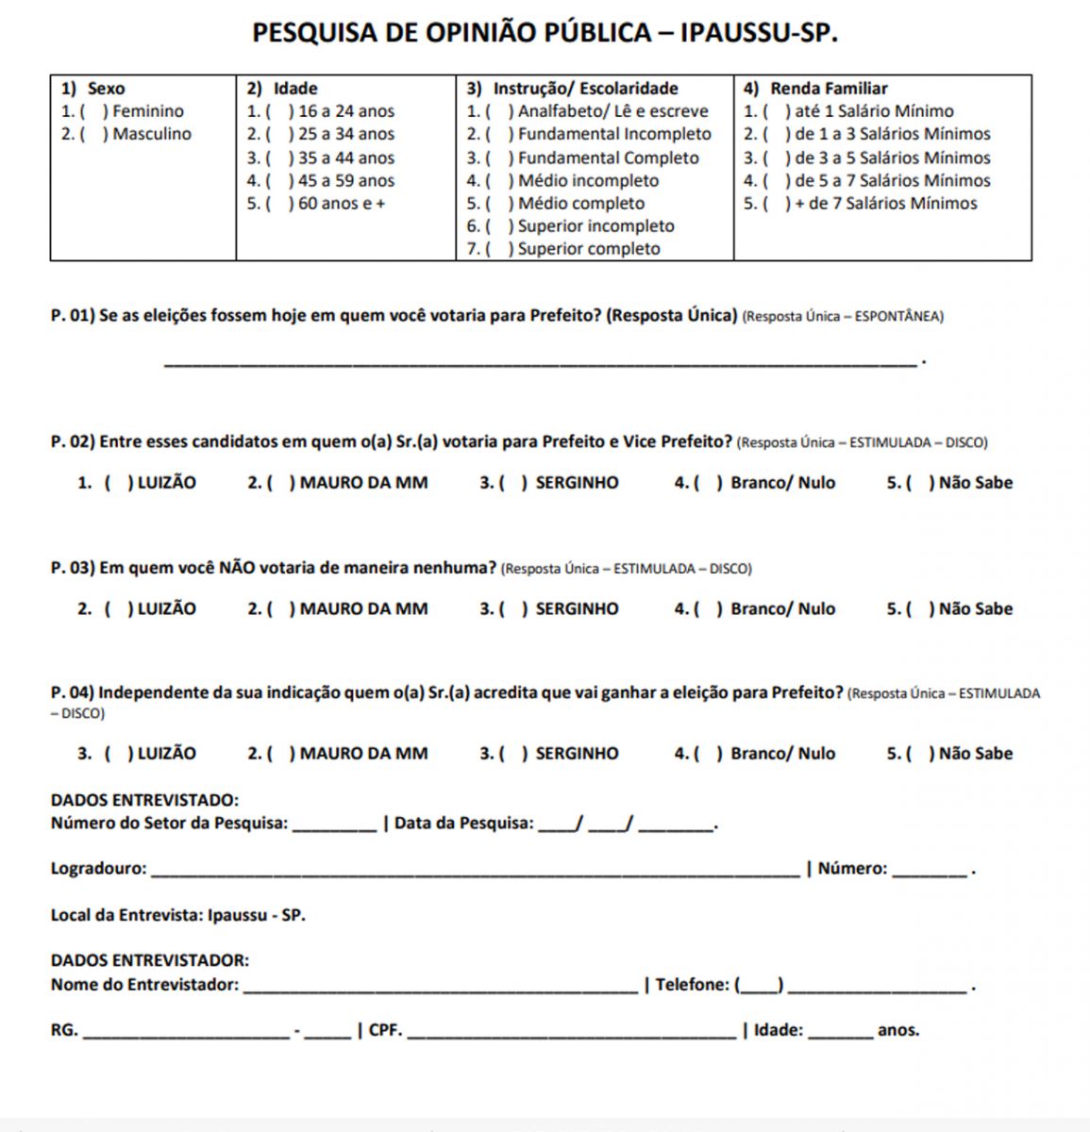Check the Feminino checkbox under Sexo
[92, 111]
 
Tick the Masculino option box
[92, 134]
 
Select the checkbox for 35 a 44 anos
[277, 158]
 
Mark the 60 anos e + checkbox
[277, 203]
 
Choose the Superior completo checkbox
[497, 249]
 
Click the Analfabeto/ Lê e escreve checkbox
[497, 111]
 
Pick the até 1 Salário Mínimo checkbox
[774, 111]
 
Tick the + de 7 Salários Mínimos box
[774, 203]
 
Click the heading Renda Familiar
[829, 89]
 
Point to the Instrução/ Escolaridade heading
[585, 89]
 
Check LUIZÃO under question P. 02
[116, 483]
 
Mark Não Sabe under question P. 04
[918, 754]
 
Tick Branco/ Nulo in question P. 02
[707, 483]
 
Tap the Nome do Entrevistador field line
[439, 988]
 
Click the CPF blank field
[571, 1034]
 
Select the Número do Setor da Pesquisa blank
[335, 826]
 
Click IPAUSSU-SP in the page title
[759, 33]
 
